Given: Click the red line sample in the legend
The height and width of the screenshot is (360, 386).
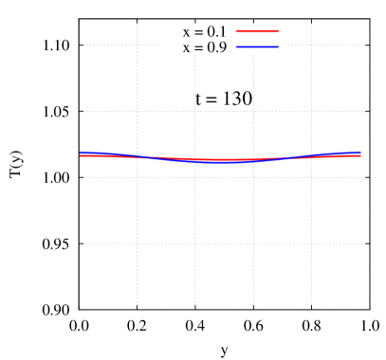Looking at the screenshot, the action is coord(257,32).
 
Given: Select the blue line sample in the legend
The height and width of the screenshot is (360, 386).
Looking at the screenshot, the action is coord(257,46).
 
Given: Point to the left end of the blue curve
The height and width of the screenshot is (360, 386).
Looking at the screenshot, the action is coord(81,153).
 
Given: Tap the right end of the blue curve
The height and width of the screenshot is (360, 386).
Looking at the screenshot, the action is coord(360,153).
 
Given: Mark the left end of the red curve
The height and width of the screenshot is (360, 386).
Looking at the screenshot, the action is coord(81,155).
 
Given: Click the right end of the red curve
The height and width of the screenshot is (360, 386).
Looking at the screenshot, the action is coord(360,155).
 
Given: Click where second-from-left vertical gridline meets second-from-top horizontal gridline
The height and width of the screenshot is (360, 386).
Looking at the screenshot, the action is coord(195,111).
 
